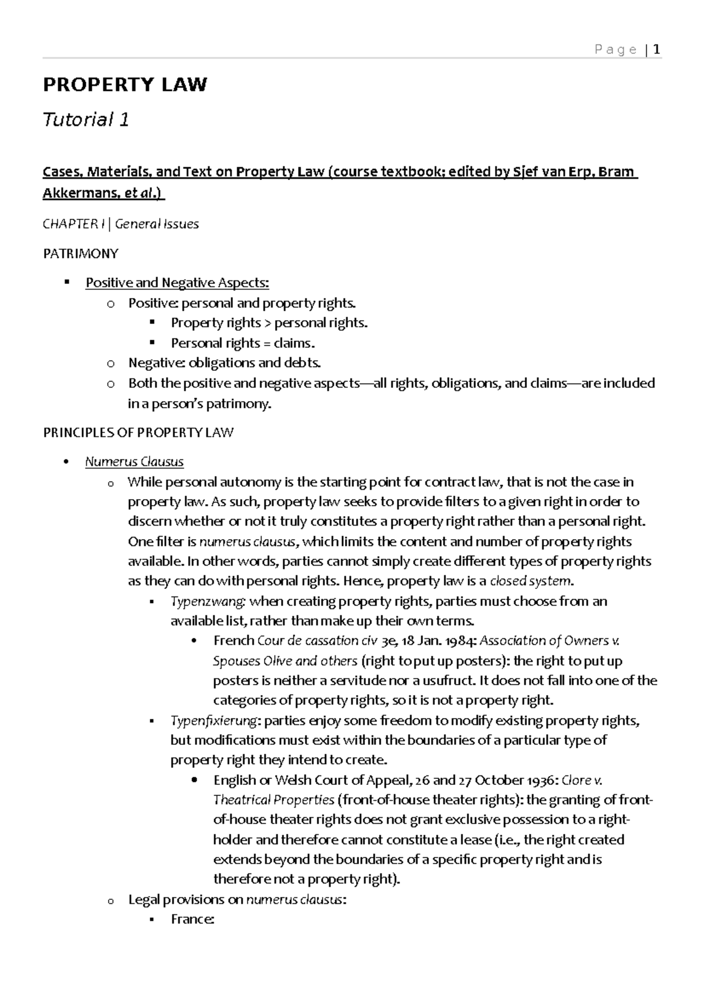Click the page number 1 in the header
(x=656, y=49)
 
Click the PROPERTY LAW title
(x=124, y=84)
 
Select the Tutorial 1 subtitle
(x=86, y=120)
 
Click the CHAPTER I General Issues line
(x=120, y=223)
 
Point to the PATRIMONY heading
(x=80, y=253)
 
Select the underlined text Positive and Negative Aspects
(x=177, y=283)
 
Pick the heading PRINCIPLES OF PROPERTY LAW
(x=138, y=433)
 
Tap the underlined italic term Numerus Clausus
(x=134, y=462)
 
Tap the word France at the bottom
(x=191, y=919)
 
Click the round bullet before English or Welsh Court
(x=194, y=780)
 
